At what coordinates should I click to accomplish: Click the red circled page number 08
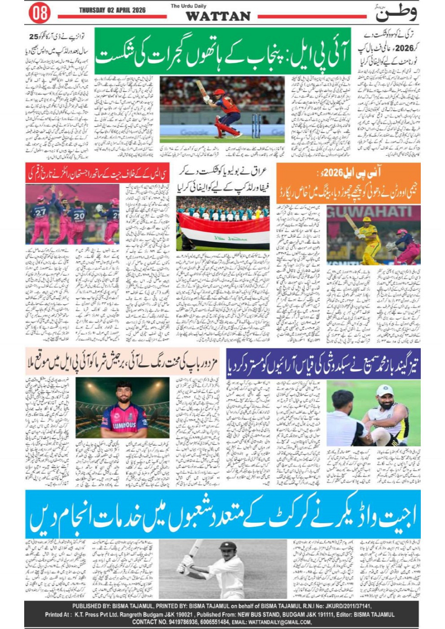coord(40,13)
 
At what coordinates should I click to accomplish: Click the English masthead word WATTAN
coord(218,16)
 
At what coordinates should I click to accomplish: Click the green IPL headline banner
coord(222,58)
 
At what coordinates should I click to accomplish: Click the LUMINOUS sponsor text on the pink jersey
coord(124,425)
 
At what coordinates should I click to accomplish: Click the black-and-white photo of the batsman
coord(223,569)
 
